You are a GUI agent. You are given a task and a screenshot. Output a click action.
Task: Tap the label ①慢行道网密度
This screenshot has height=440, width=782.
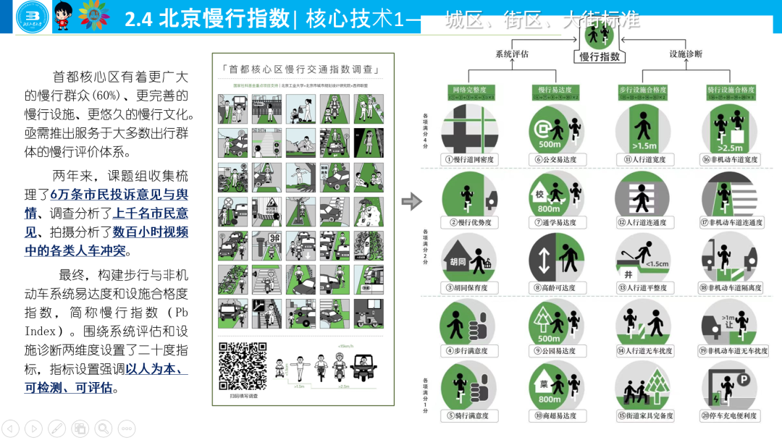point(469,159)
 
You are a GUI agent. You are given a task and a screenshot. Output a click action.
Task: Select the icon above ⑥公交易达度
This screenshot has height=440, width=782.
point(555,127)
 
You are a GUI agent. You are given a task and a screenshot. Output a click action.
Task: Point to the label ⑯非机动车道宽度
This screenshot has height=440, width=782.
point(731,159)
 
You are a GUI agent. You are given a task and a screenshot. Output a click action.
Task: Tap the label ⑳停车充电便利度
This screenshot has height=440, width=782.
point(731,416)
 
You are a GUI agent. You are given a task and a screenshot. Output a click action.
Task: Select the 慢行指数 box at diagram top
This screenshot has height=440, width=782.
point(600,56)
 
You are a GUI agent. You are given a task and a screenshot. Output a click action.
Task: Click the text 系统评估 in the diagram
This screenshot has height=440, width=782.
point(512,54)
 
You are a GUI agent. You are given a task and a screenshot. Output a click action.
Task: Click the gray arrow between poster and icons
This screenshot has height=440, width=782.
point(411,201)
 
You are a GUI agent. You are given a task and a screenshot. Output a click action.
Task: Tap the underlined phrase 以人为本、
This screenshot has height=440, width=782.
point(156,368)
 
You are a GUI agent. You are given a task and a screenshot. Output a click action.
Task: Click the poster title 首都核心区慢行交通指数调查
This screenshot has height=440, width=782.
point(303,69)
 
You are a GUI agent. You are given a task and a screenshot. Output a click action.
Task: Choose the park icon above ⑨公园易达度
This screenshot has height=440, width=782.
point(555,322)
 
